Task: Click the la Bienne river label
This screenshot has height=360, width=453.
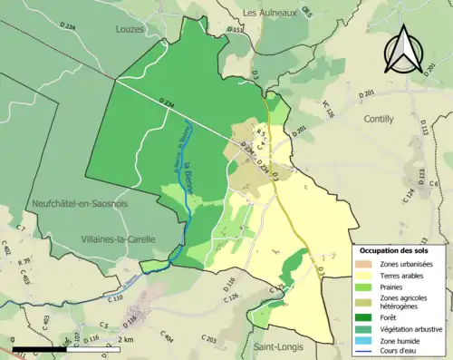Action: pyautogui.click(x=191, y=170)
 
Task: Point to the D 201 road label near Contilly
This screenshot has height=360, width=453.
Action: pyautogui.click(x=366, y=93)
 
